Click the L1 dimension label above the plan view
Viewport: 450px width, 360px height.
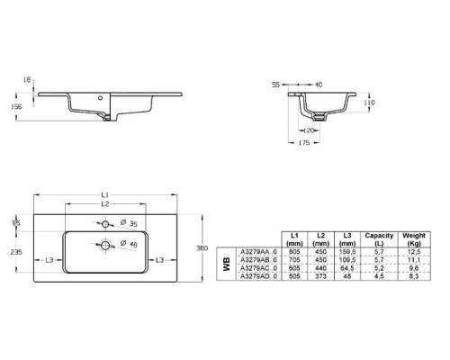click(x=105, y=194)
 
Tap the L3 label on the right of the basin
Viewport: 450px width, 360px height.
click(x=159, y=260)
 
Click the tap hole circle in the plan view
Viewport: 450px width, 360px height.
click(x=105, y=223)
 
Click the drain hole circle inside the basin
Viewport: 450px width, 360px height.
click(x=105, y=244)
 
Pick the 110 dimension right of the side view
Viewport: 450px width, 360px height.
click(x=368, y=103)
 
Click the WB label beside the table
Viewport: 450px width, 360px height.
click(x=226, y=264)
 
